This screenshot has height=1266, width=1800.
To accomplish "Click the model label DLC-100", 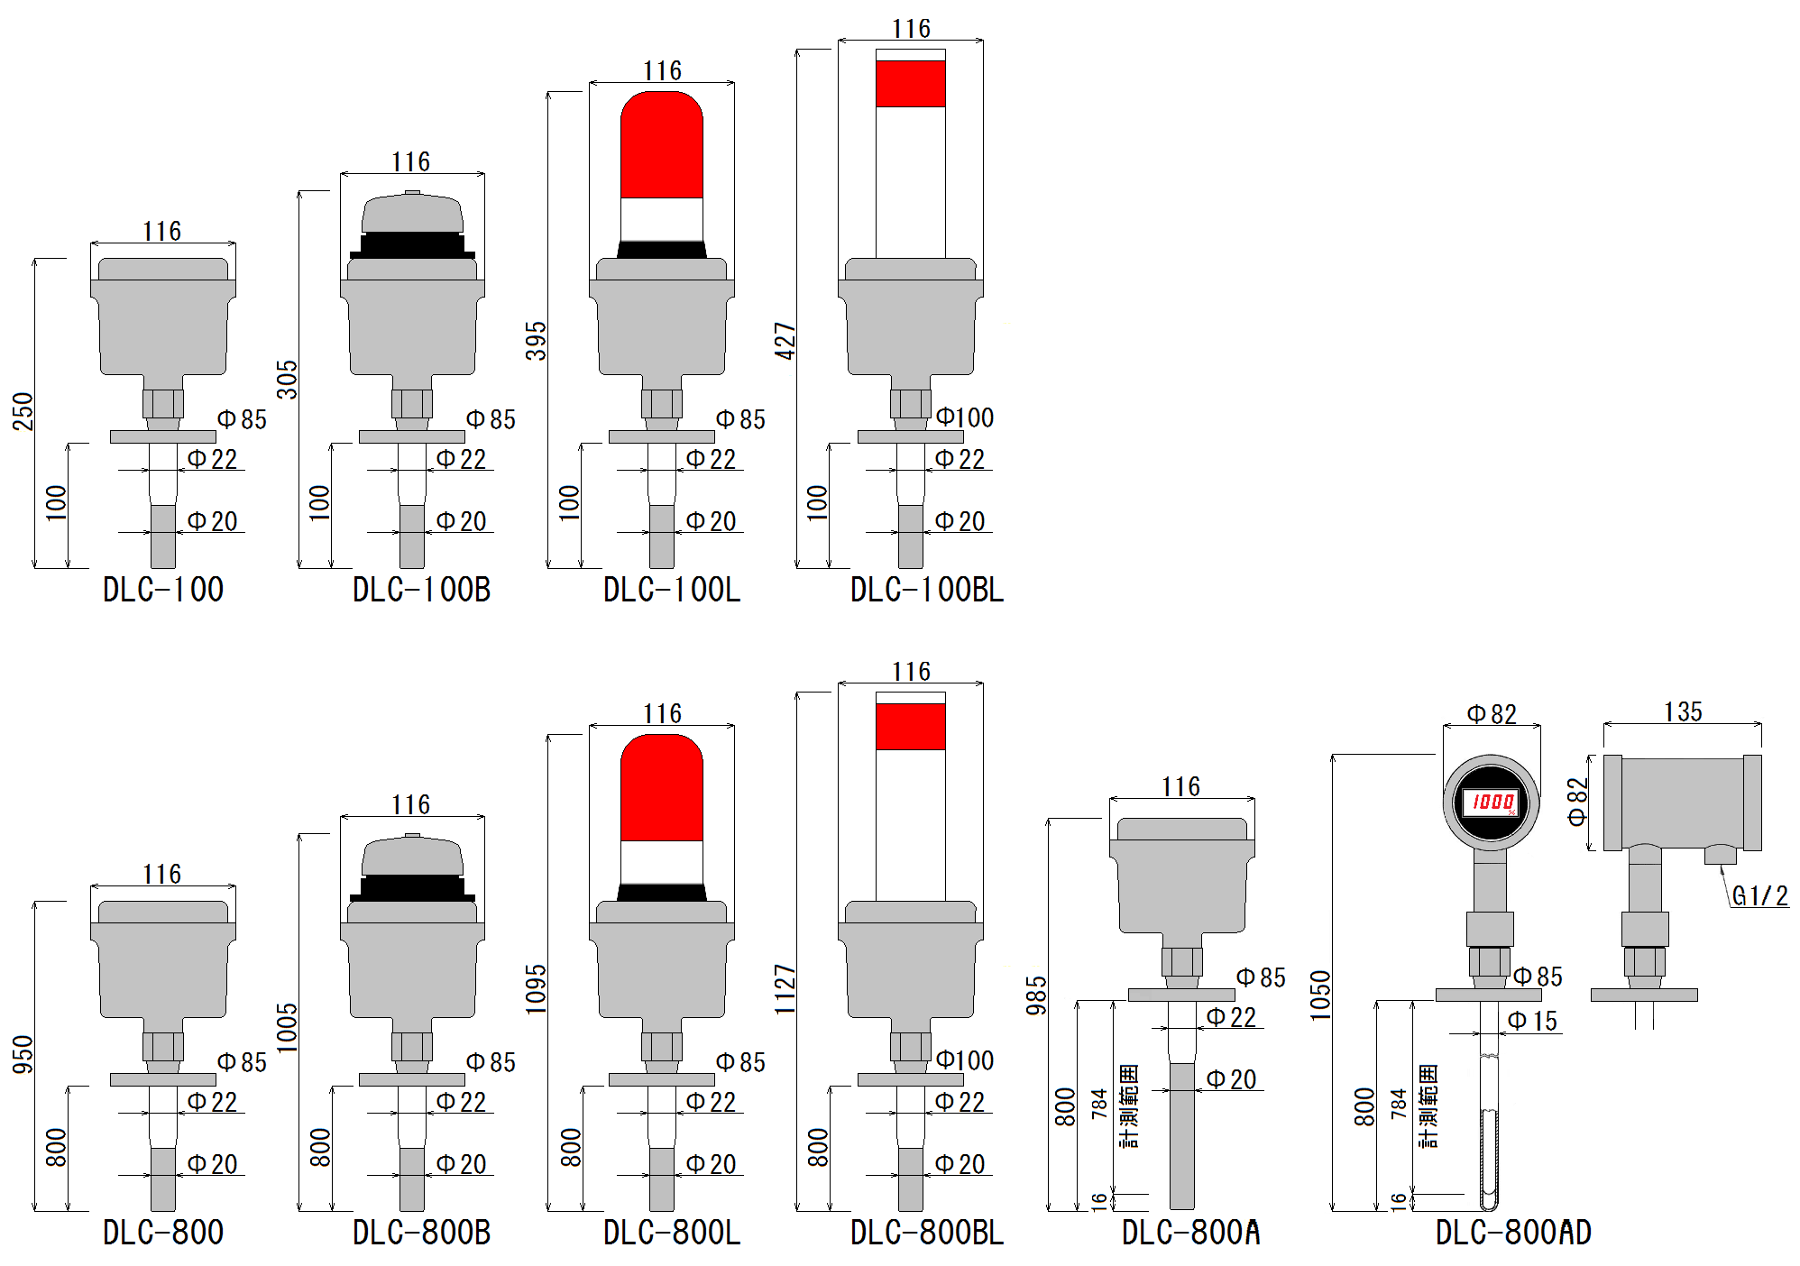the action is [x=163, y=590].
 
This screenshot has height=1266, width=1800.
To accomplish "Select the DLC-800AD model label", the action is [x=1513, y=1233].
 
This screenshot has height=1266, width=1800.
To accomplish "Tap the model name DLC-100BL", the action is [x=927, y=590].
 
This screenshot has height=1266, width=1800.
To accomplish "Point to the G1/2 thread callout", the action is [x=1759, y=895].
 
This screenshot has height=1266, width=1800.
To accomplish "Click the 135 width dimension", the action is [x=1683, y=711].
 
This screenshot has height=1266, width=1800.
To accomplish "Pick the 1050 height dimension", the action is [x=1320, y=995].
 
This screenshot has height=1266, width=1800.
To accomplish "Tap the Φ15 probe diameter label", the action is [x=1533, y=1021].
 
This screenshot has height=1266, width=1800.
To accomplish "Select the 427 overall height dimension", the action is [x=785, y=341].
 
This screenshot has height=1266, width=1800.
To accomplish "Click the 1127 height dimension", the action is [x=785, y=989].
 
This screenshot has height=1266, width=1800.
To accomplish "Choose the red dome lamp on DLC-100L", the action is [x=662, y=144].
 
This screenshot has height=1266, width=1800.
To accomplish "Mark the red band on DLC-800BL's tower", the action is [x=911, y=727].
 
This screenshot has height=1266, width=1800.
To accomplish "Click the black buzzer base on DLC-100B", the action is [x=412, y=246].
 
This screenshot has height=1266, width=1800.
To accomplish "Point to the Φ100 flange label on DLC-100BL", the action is [x=964, y=417].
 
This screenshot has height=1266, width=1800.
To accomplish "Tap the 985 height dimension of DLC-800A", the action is [x=1036, y=995].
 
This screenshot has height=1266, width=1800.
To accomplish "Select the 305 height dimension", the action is [x=286, y=380].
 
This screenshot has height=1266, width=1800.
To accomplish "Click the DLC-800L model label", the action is [x=672, y=1233].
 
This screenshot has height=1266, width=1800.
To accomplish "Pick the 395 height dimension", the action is [x=536, y=341].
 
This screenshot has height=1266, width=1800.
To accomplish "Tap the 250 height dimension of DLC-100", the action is [x=23, y=411].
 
